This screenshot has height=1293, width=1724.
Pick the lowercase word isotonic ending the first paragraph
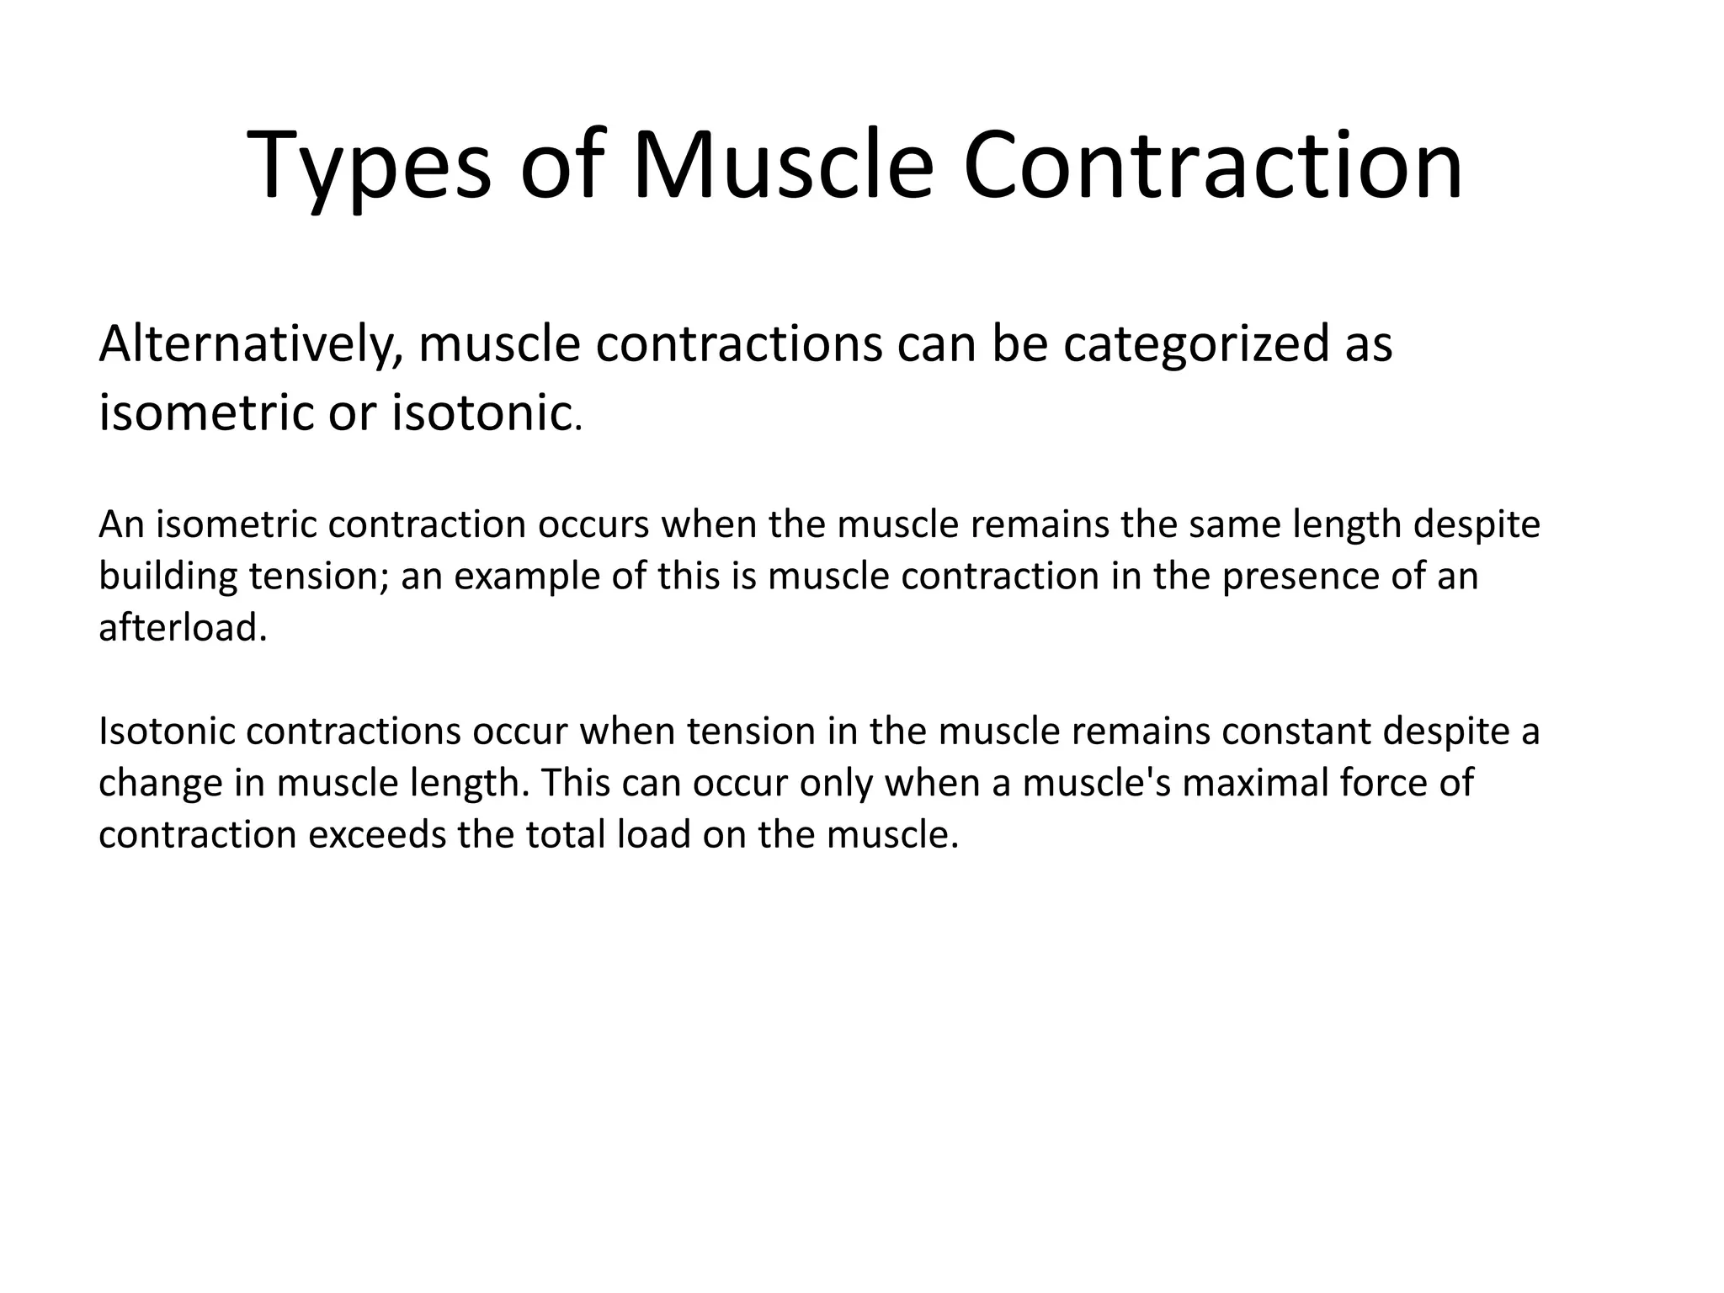[482, 414]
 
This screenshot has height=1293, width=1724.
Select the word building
[168, 577]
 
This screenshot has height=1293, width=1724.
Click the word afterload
[182, 628]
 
